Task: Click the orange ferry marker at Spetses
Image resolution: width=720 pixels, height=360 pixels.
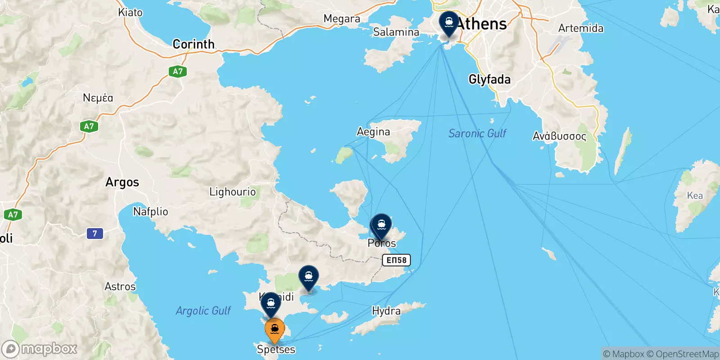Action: tap(274, 330)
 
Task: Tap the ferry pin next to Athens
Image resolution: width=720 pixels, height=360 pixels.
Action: tap(449, 22)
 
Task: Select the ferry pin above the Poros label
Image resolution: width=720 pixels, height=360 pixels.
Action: tap(382, 225)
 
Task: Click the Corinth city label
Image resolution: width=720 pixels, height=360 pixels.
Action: tap(193, 44)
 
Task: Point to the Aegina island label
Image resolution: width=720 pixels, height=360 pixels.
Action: tap(373, 132)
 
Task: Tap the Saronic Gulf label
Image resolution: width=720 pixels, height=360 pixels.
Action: tap(477, 133)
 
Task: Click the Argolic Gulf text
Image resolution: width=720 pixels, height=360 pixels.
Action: tap(203, 310)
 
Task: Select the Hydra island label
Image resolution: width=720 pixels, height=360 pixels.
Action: tap(386, 311)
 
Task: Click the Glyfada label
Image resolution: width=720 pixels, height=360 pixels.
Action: tap(490, 80)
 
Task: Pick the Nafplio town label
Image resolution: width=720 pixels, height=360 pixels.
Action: tap(150, 211)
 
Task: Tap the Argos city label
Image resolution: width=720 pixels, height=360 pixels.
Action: tap(122, 182)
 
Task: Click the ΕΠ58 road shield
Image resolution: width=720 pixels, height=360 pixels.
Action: tap(396, 260)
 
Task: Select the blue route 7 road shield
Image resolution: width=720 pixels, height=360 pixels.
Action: tap(94, 234)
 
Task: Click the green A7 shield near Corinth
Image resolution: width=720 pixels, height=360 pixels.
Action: tap(178, 71)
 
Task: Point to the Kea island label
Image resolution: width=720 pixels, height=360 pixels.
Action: tap(695, 195)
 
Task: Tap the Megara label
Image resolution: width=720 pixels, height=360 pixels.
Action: tap(342, 19)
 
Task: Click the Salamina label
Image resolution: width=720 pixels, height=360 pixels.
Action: tap(396, 32)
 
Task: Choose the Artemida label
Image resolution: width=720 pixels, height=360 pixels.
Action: tap(580, 28)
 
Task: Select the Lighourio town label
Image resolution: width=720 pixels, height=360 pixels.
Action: tap(232, 192)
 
